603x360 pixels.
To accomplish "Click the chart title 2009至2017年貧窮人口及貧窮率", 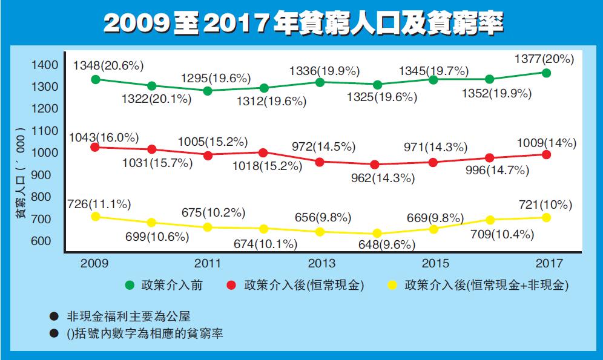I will pos(301,24).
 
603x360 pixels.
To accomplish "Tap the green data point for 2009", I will pos(96,79).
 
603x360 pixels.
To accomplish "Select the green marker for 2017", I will pos(546,73).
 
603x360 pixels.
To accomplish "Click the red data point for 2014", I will pos(376,165).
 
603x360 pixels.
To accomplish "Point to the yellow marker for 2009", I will pos(96,217).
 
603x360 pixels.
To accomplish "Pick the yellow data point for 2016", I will pos(490,220).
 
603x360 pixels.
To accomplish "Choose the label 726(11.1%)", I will pos(104,204).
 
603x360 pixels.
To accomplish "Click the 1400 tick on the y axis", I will pos(46,65).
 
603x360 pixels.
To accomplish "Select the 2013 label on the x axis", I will pos(321,263).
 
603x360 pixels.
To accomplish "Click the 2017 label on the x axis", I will pos(549,263).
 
